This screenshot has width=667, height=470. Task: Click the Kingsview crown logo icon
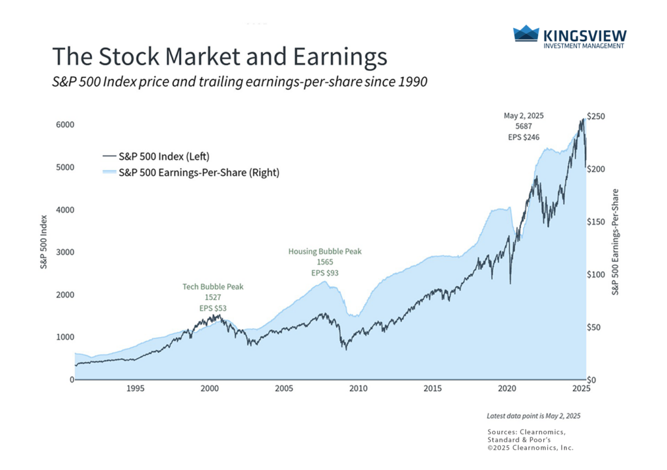[x=526, y=34]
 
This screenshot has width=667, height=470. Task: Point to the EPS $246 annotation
[x=523, y=137]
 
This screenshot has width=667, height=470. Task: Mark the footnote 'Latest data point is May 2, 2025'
[x=533, y=416]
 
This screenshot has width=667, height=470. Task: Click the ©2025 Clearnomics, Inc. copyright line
[x=530, y=448]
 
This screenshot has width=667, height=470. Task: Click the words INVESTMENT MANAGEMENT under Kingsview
[x=583, y=46]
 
